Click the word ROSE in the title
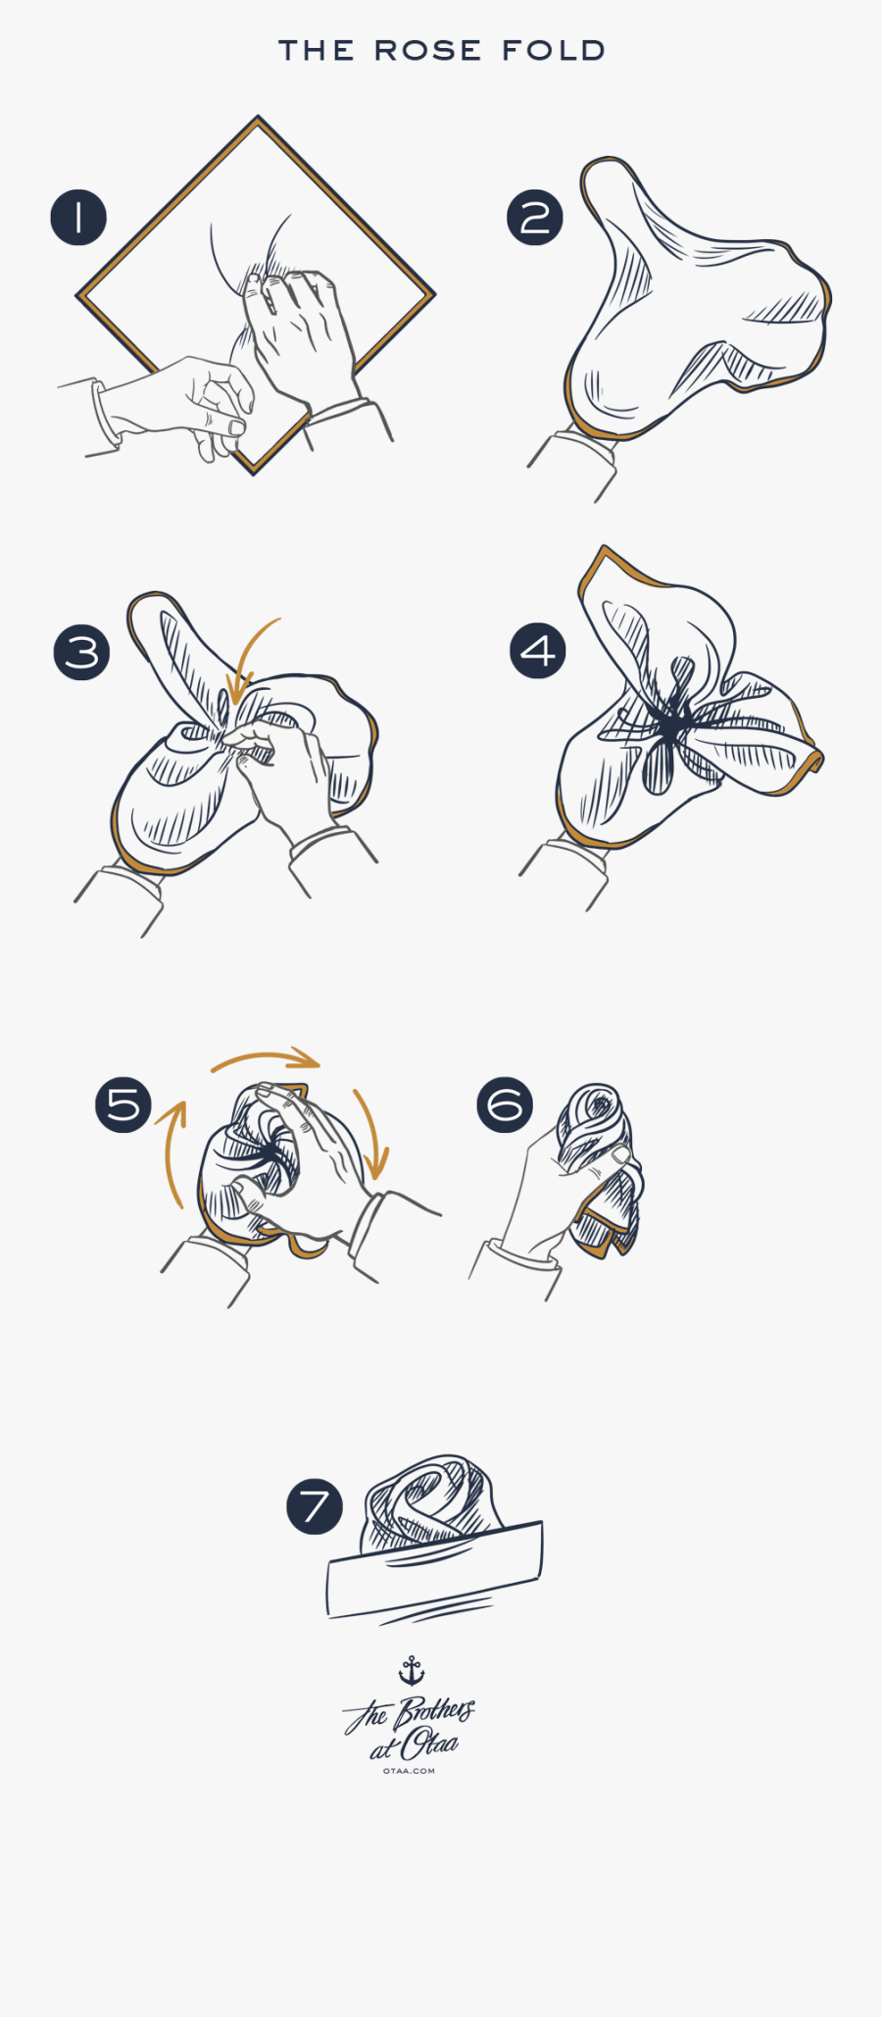pyautogui.click(x=427, y=51)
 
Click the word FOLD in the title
pyautogui.click(x=554, y=51)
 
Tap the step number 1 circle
pyautogui.click(x=78, y=218)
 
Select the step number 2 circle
pyautogui.click(x=535, y=218)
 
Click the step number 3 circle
pyautogui.click(x=81, y=653)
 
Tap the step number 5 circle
pyautogui.click(x=123, y=1105)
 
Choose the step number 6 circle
pyautogui.click(x=505, y=1105)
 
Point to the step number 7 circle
pyautogui.click(x=315, y=1506)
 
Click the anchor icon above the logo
pyautogui.click(x=412, y=1670)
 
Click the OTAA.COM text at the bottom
pyautogui.click(x=409, y=1771)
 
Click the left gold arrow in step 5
pyautogui.click(x=172, y=1152)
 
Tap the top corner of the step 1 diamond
pyautogui.click(x=258, y=119)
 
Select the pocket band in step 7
pyautogui.click(x=434, y=1568)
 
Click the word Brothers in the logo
pyautogui.click(x=434, y=1713)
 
